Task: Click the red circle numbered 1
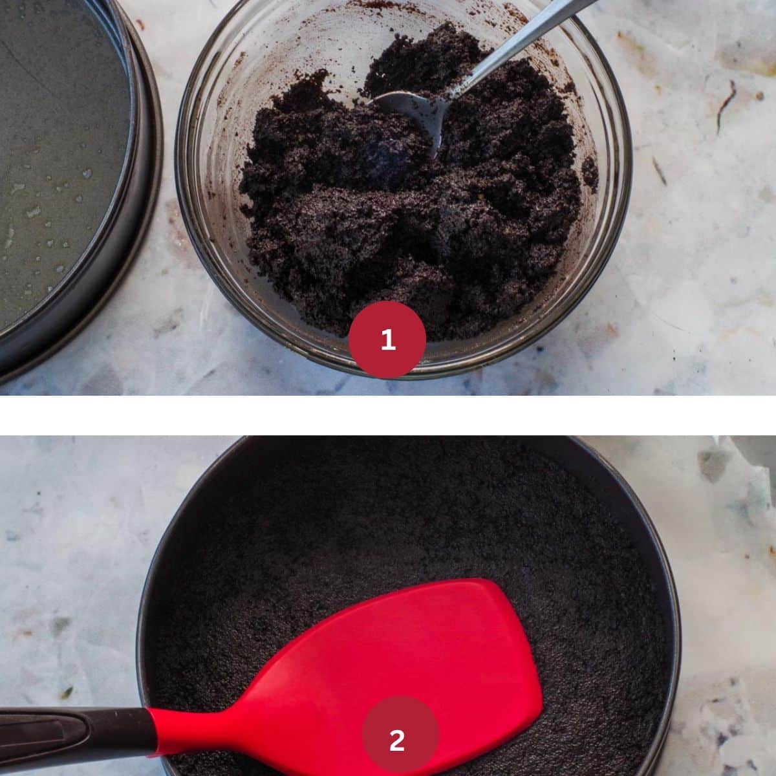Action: pyautogui.click(x=387, y=339)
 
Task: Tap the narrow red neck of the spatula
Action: pyautogui.click(x=189, y=729)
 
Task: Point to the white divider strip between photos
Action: pyautogui.click(x=388, y=415)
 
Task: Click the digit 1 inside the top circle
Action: pyautogui.click(x=388, y=339)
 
